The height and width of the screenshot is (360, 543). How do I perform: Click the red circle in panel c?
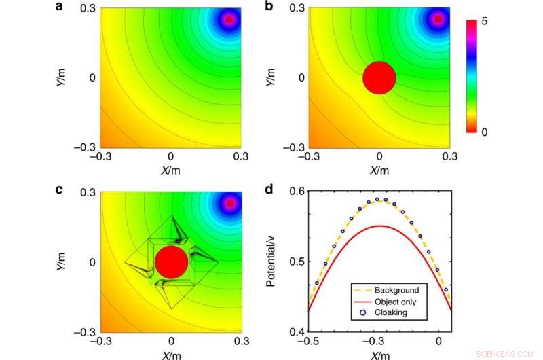coord(171,262)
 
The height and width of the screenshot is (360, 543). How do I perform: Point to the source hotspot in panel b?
coord(438,19)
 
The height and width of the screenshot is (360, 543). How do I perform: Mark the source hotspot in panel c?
coord(230,202)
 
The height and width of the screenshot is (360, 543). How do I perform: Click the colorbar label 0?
coord(485,132)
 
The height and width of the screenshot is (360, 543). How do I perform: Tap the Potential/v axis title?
coord(271,261)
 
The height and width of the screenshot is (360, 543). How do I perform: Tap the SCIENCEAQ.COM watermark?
coord(506,353)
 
